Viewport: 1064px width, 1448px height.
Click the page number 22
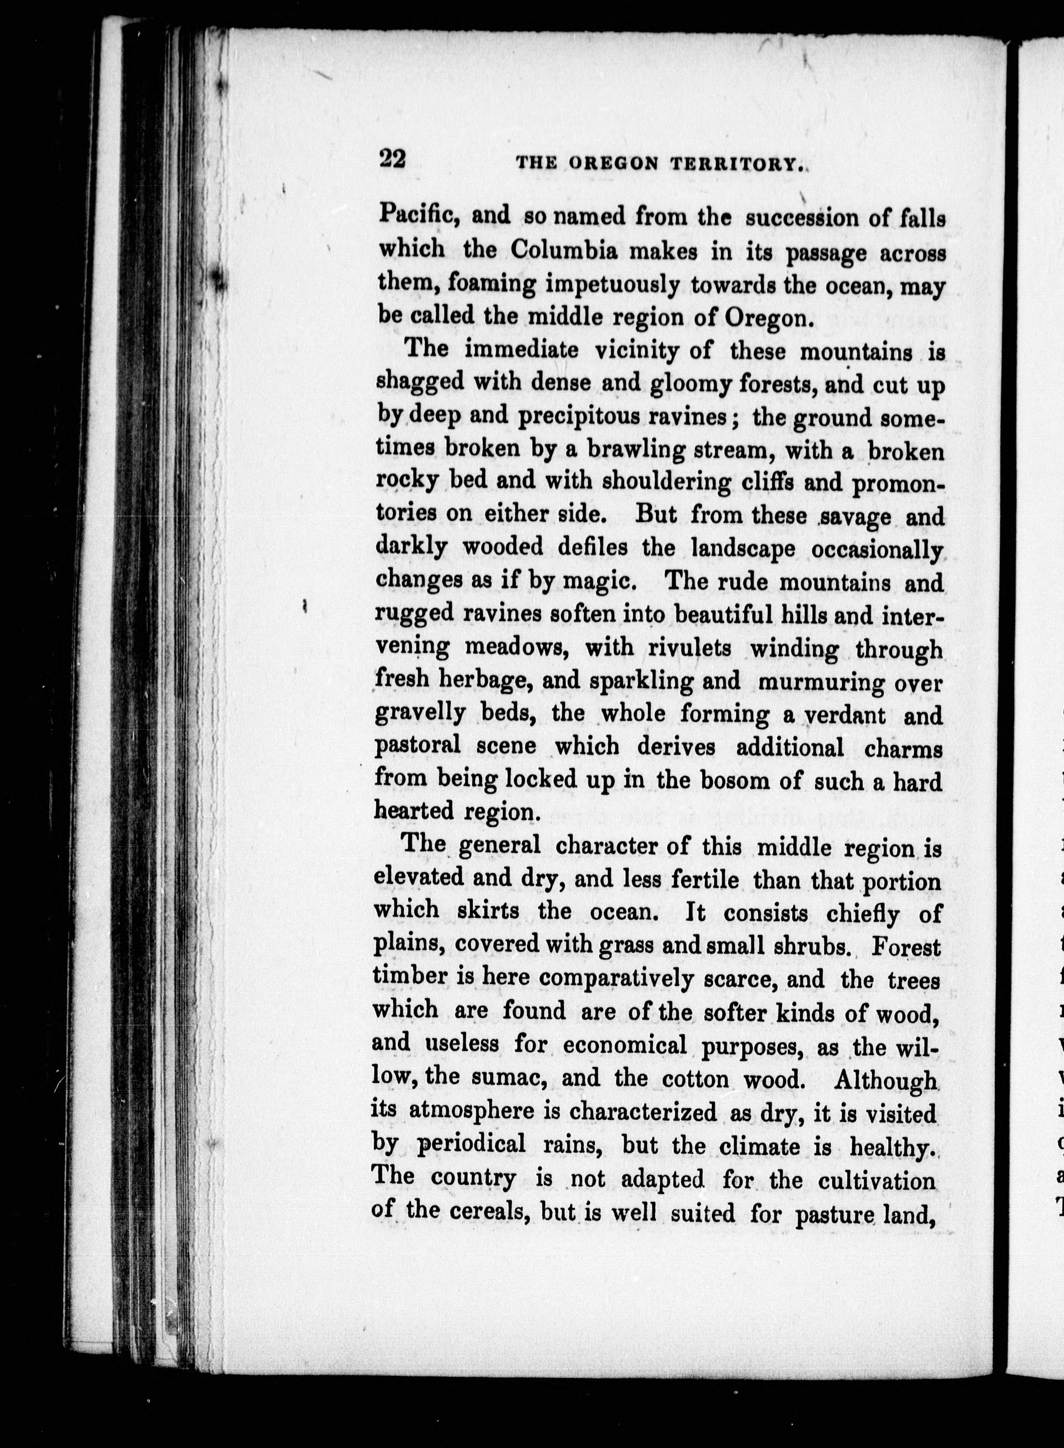pos(392,158)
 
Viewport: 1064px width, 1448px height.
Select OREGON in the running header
pos(613,164)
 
